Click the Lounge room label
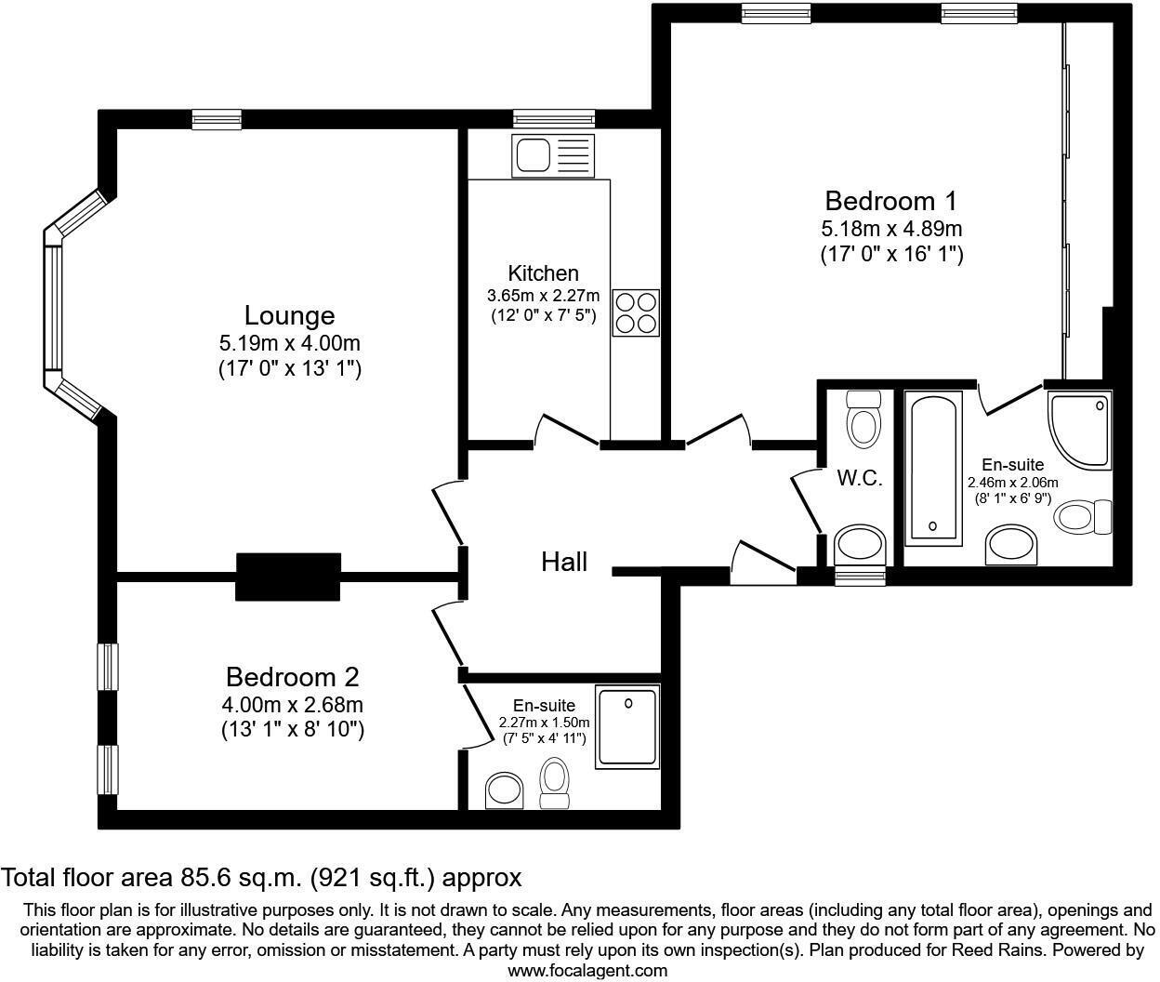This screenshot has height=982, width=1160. click(289, 315)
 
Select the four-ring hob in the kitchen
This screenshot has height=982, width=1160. click(636, 312)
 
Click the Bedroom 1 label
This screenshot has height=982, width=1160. click(890, 201)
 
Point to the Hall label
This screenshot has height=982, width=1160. click(564, 562)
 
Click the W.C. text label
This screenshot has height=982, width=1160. click(859, 479)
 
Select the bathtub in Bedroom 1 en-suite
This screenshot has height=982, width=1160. click(934, 469)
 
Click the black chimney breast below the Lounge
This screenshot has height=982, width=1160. click(288, 577)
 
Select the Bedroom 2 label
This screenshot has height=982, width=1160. click(292, 677)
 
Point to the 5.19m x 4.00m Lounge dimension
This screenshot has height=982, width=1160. click(289, 343)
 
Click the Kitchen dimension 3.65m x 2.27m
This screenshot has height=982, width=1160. click(544, 296)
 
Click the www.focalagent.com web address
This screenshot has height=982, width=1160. click(587, 971)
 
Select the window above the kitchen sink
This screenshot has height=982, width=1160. click(553, 118)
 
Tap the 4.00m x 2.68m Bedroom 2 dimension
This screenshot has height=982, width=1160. click(292, 704)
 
